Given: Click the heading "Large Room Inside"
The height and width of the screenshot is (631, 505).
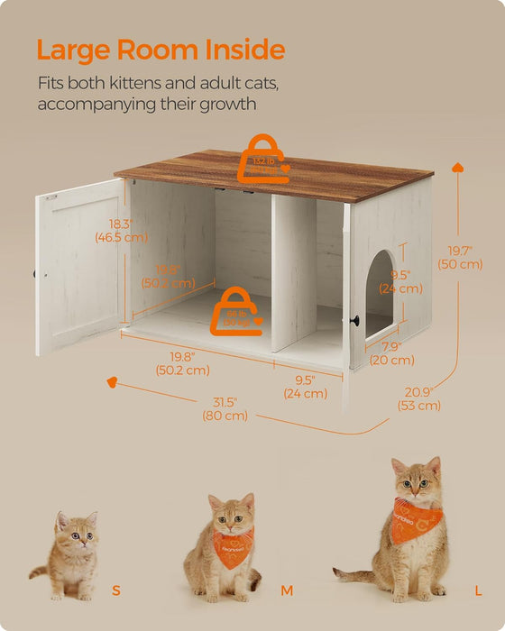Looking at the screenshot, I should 161,49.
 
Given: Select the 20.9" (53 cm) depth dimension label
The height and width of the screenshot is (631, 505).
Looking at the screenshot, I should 419,398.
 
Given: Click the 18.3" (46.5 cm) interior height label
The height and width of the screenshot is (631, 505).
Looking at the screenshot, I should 121,231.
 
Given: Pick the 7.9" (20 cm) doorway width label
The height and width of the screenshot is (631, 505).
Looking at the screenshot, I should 391,353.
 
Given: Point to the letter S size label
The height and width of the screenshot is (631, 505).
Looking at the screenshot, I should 115,590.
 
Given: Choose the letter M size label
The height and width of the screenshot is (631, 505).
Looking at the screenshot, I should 287,590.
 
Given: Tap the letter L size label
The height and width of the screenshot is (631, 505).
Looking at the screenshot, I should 477,590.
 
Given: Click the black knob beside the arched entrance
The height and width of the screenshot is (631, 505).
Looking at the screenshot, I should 356,320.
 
